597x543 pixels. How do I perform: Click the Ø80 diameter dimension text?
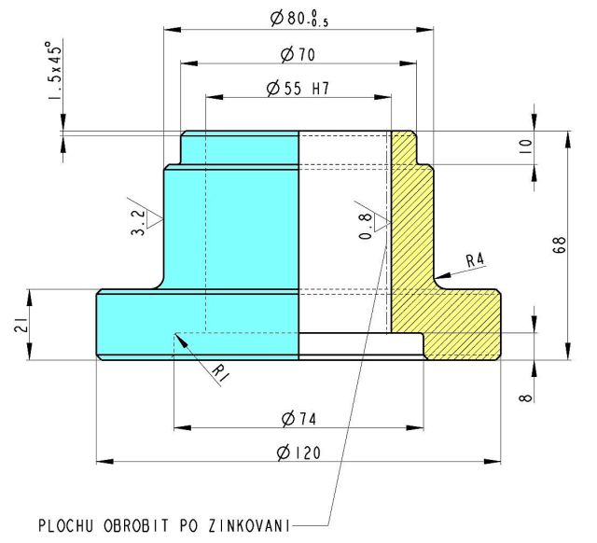(299, 19)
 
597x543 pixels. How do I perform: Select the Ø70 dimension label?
(298, 54)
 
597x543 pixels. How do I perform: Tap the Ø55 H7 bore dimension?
(298, 89)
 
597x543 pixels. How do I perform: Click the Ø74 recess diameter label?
(298, 419)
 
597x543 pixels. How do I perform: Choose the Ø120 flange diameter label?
(298, 452)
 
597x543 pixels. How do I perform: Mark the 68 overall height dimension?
(560, 245)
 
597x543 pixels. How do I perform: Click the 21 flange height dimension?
(21, 325)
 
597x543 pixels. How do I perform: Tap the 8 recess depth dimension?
(525, 398)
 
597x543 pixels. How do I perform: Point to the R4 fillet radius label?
(475, 260)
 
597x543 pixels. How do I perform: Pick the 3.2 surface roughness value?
(138, 223)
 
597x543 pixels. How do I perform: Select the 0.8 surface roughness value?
(365, 226)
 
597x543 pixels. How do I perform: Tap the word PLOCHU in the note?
(66, 526)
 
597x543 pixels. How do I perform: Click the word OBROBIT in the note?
(136, 526)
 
